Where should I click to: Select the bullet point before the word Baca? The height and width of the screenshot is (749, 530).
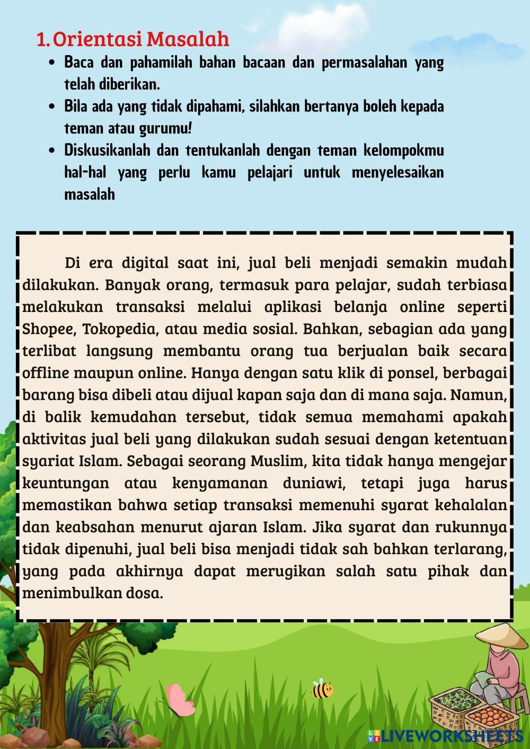coord(51,63)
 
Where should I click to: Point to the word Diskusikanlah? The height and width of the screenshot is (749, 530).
coord(107,150)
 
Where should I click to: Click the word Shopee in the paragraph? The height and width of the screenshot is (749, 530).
coord(45,329)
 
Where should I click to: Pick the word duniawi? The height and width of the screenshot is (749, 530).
coord(312,483)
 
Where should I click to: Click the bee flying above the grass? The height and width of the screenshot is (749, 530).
coord(322,689)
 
